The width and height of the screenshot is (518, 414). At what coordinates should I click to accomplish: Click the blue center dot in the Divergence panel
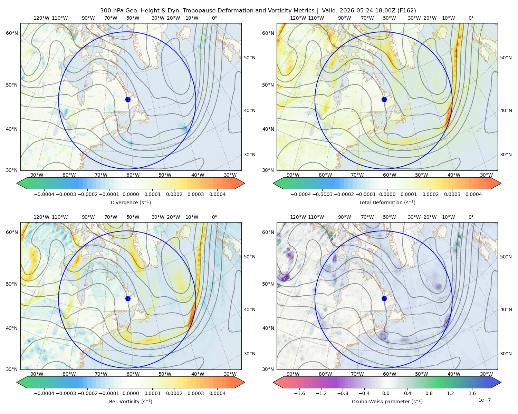128,99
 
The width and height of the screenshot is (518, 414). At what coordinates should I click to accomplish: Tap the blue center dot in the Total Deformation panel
384,99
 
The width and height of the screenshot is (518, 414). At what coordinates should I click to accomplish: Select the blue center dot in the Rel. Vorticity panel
128,298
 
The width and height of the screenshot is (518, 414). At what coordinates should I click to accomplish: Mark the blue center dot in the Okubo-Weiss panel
384,298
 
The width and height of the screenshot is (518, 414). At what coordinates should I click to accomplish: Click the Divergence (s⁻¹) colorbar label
131,203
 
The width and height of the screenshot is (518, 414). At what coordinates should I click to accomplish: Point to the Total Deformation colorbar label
387,203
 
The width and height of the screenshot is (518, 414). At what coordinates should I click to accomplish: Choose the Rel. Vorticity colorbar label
131,402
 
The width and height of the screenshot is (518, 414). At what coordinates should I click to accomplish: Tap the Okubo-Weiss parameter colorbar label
387,402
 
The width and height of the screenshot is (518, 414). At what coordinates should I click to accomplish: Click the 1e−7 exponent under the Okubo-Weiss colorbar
484,400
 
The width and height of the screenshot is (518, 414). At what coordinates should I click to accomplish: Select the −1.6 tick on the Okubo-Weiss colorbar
299,393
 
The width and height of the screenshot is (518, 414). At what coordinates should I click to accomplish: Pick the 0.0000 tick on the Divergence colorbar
131,194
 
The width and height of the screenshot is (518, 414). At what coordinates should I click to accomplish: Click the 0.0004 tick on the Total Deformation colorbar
473,194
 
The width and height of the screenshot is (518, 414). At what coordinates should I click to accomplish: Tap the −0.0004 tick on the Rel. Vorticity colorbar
44,393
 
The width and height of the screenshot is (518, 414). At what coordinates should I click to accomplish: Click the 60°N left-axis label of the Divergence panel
12,33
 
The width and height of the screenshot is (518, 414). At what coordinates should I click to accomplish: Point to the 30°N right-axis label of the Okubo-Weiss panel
506,354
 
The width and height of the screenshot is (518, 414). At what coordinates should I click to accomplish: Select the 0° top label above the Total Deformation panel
471,18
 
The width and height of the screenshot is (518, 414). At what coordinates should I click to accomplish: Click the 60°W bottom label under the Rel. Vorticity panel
133,374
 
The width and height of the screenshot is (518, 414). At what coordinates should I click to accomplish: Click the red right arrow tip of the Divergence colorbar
245,183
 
